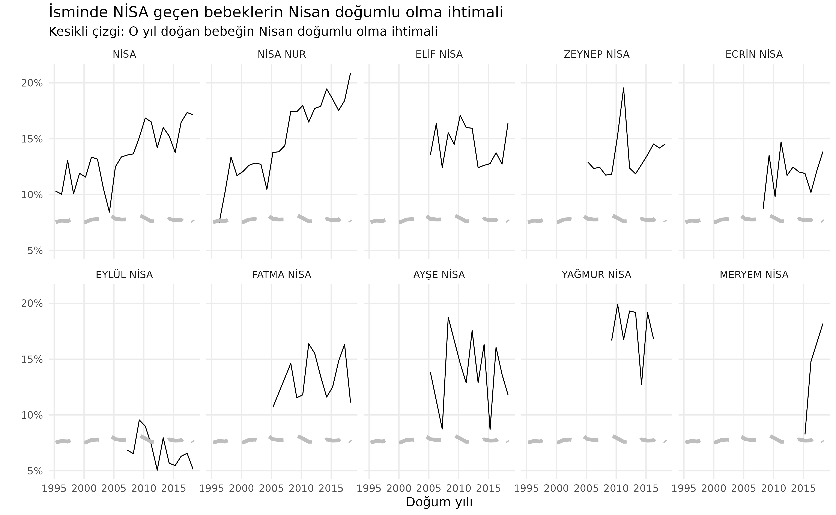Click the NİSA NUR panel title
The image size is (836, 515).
click(281, 55)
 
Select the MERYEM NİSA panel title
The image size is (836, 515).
click(754, 275)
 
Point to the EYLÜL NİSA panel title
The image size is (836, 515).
click(124, 275)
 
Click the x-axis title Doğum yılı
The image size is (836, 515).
click(439, 502)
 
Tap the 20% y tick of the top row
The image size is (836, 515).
click(32, 83)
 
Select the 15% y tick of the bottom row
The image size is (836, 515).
click(32, 359)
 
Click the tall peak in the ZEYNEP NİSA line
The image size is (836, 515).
click(623, 88)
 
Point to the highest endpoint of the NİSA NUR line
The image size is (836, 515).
click(350, 73)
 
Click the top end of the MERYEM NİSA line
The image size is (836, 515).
click(822, 324)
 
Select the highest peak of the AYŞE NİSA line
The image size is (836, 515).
click(448, 317)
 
